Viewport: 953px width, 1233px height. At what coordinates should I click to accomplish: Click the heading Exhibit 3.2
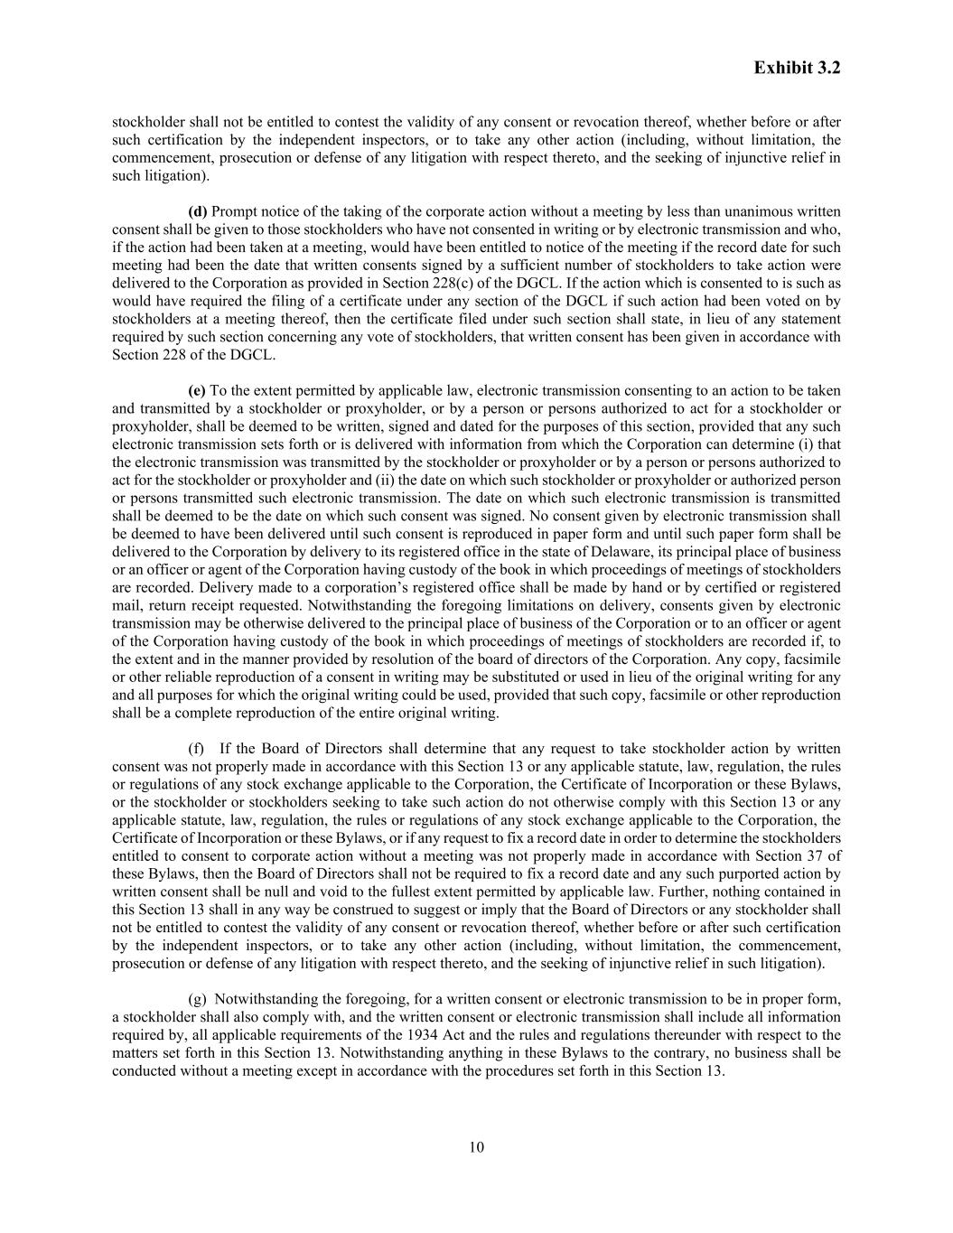[x=797, y=68]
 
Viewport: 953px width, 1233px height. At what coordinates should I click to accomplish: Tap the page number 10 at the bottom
[x=476, y=1147]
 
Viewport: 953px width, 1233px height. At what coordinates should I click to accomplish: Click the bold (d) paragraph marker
[x=197, y=211]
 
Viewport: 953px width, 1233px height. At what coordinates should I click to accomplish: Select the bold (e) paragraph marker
[x=197, y=390]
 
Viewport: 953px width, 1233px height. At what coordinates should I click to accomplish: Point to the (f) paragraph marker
[x=196, y=748]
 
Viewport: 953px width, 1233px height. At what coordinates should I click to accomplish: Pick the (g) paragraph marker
[x=196, y=999]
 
